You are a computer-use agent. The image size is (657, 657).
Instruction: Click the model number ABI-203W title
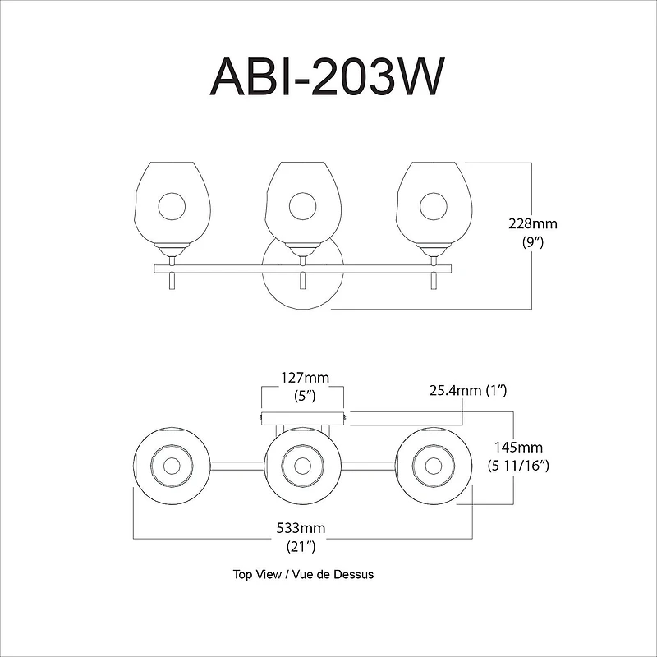click(328, 80)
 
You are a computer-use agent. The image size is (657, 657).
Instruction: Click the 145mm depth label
click(517, 448)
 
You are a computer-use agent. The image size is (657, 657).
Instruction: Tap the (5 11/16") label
click(517, 466)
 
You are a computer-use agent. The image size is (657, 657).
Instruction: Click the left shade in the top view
click(172, 466)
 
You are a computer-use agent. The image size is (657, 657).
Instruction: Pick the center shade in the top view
click(302, 466)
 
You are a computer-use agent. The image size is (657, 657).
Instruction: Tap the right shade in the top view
click(433, 466)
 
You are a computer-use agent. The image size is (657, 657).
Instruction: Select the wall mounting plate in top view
click(302, 417)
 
